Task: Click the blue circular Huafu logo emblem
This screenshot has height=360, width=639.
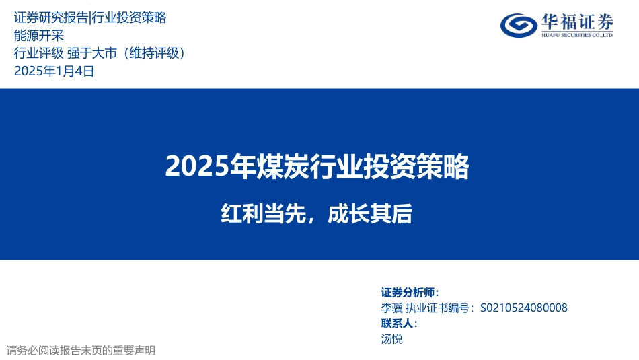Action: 519,26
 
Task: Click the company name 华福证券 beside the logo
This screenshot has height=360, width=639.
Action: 578,22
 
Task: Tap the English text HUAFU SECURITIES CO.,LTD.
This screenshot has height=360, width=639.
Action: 578,35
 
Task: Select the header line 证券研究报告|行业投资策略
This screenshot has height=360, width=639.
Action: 90,17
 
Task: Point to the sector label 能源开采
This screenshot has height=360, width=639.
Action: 39,36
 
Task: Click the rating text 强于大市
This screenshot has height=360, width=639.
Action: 92,53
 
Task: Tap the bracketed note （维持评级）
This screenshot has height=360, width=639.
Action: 154,53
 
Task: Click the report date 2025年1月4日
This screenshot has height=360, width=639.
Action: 54,71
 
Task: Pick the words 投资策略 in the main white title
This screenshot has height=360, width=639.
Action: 416,166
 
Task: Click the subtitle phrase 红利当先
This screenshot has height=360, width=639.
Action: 263,213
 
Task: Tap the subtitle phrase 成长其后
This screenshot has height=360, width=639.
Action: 370,213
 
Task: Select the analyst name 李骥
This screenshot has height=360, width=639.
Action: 391,308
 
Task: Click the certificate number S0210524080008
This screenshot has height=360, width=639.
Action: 524,308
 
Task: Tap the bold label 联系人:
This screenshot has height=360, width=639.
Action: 400,323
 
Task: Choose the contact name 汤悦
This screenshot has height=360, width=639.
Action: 391,338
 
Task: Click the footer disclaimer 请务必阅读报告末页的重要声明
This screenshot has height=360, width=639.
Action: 81,350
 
